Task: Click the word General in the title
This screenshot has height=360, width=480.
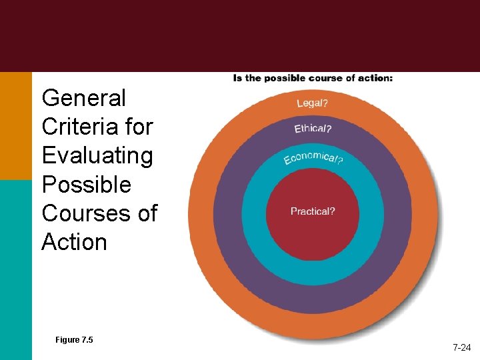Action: [x=83, y=98]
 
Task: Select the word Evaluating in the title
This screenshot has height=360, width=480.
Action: [x=97, y=155]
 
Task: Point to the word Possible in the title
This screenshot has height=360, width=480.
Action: [x=87, y=184]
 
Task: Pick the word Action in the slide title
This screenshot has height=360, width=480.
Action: [x=74, y=242]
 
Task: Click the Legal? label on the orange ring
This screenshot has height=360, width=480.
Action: [x=312, y=103]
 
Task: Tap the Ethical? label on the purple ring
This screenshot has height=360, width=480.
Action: [x=313, y=128]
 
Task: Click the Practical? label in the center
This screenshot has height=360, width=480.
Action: [x=313, y=211]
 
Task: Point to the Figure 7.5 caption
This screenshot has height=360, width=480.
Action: [x=74, y=340]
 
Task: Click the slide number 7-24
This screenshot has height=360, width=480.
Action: [x=462, y=347]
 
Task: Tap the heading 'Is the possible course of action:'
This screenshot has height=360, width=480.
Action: [x=313, y=78]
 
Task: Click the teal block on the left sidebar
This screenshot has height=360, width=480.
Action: [x=15, y=267]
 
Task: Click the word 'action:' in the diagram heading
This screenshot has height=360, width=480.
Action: [x=376, y=78]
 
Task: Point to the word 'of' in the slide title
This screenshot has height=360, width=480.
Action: [x=146, y=213]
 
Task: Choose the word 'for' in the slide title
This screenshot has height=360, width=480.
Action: [x=139, y=127]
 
